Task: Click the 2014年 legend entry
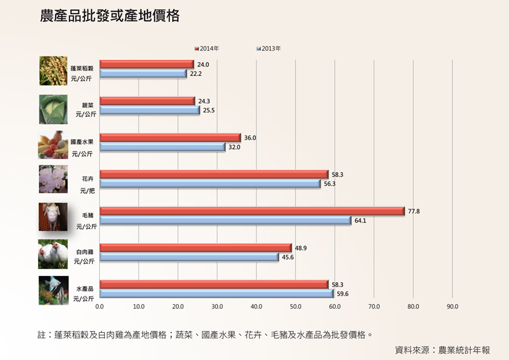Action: (x=207, y=48)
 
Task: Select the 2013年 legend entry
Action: (x=269, y=48)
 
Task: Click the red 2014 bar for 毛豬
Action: (x=252, y=211)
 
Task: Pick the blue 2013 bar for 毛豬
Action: (x=225, y=221)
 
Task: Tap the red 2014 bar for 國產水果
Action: (x=170, y=138)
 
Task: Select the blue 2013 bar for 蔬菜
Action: (x=150, y=110)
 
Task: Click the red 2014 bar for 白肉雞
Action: (x=196, y=248)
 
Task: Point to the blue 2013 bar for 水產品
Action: (x=216, y=294)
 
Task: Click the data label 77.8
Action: (x=414, y=211)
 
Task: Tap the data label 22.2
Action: (x=196, y=74)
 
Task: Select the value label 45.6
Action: (x=287, y=257)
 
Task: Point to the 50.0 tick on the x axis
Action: (x=295, y=306)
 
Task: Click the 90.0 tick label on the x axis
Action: (x=452, y=306)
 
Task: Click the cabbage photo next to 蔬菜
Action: (x=53, y=109)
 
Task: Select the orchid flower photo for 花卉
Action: (x=53, y=179)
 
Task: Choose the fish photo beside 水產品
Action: (x=53, y=290)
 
